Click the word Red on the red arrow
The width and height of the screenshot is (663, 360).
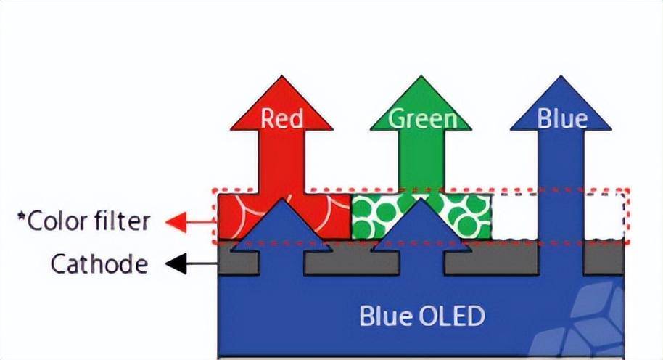click(282, 118)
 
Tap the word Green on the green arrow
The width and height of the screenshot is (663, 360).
click(423, 118)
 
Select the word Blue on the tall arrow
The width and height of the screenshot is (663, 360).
click(562, 118)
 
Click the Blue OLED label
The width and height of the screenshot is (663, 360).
click(421, 316)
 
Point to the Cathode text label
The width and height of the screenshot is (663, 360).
click(99, 265)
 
